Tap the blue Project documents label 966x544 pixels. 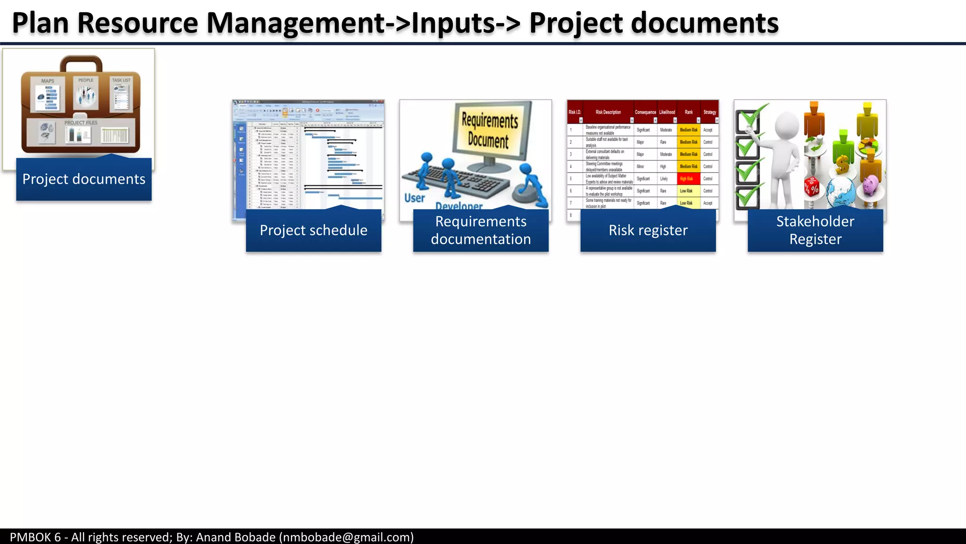[84, 179]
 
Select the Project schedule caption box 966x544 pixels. [313, 230]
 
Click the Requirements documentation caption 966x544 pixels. [481, 230]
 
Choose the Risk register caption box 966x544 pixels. [648, 230]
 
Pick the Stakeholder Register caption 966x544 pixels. [815, 230]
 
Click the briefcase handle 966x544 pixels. [81, 63]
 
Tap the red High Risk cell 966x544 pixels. [687, 178]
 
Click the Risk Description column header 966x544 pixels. [608, 112]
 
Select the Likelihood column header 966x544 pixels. [667, 112]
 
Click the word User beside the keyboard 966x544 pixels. [415, 198]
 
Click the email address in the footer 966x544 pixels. [347, 537]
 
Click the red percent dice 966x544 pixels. [812, 187]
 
